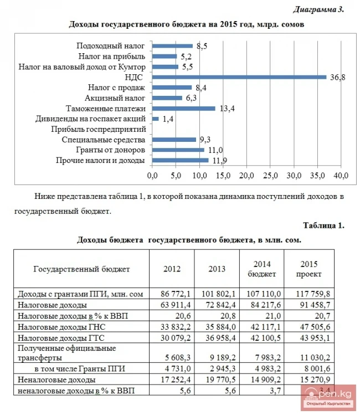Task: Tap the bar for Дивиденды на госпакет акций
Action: (x=156, y=119)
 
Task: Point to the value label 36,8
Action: (x=338, y=78)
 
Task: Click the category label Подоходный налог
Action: (x=110, y=46)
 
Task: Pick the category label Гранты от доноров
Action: (x=110, y=150)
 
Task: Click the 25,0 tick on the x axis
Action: (x=271, y=176)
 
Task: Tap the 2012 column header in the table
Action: (x=172, y=269)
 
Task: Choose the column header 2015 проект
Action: (x=308, y=269)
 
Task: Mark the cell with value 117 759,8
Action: (x=315, y=293)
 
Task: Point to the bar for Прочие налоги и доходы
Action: (x=181, y=160)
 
